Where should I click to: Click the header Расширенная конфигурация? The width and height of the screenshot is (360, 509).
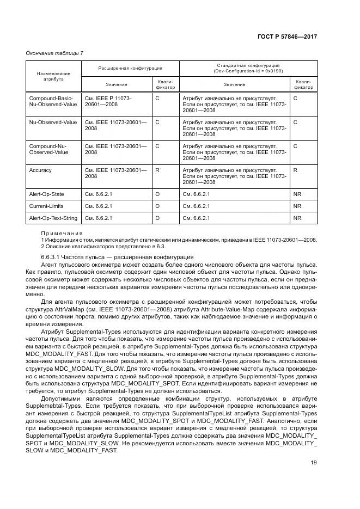(x=130, y=69)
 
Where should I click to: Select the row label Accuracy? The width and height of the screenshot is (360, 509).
(x=40, y=170)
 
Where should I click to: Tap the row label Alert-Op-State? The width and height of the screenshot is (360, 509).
(x=46, y=194)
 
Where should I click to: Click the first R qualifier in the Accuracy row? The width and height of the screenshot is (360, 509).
(x=157, y=170)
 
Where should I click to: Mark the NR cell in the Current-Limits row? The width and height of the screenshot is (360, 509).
(x=297, y=206)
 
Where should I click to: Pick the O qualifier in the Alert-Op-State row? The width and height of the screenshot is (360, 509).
(x=157, y=194)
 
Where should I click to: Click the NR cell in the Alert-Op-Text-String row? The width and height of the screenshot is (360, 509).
(x=297, y=218)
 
